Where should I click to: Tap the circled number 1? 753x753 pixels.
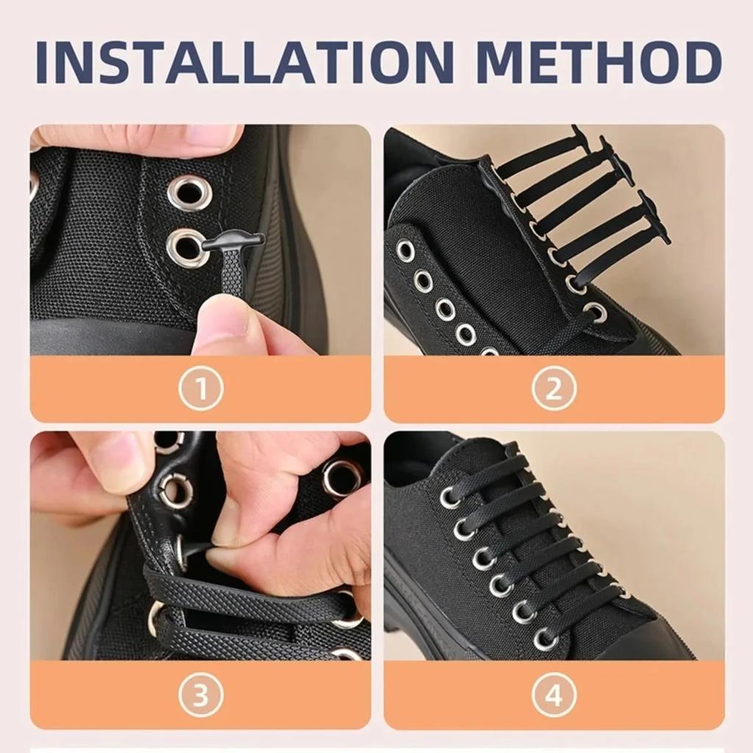[200, 388]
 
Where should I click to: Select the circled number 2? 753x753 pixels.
[554, 388]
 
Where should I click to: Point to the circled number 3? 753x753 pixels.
[200, 695]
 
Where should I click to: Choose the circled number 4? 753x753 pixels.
[554, 695]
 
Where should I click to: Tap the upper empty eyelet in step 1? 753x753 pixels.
[189, 193]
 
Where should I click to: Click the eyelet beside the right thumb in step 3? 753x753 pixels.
[343, 478]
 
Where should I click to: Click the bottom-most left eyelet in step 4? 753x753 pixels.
[545, 639]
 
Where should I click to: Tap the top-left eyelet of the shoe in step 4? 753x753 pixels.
[450, 498]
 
